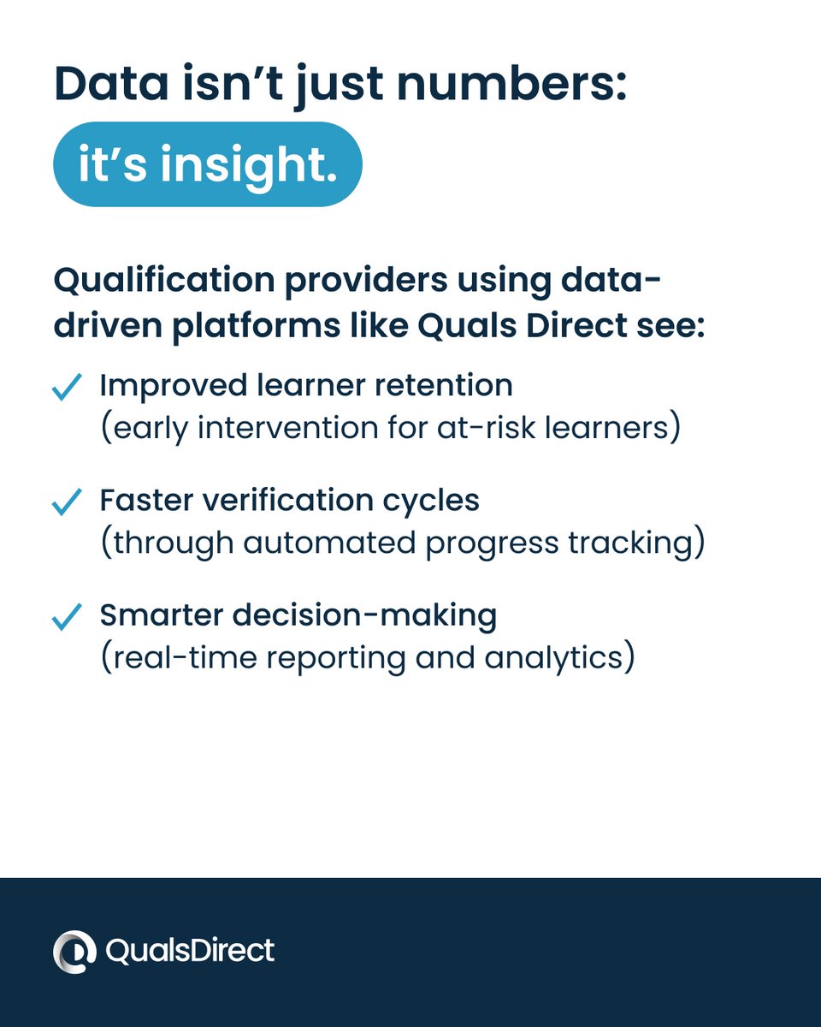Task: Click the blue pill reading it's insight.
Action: [207, 164]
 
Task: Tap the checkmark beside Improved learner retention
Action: [67, 388]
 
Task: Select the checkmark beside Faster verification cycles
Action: [67, 502]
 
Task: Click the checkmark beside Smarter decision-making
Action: [67, 617]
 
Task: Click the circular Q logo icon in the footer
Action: [74, 952]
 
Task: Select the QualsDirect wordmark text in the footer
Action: [190, 951]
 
